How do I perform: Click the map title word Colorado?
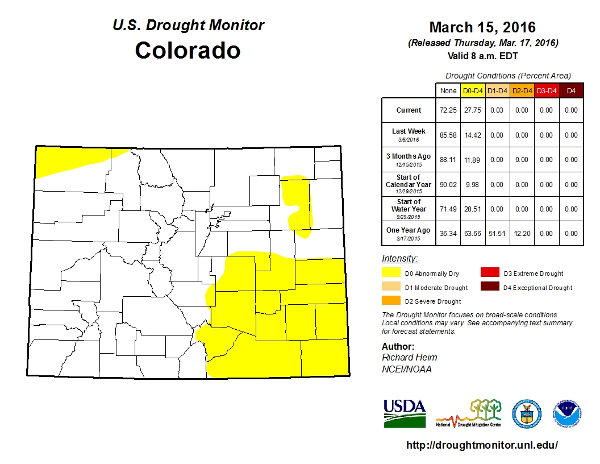(x=188, y=51)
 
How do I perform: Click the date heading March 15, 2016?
(x=482, y=27)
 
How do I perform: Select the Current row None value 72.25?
(x=447, y=110)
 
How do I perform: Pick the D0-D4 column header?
(x=473, y=90)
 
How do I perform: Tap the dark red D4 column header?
(x=571, y=90)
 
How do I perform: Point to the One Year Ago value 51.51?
(x=497, y=234)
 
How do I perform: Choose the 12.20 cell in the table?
(x=522, y=234)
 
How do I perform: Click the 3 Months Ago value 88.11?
(x=447, y=160)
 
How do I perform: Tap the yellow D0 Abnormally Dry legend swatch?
(x=390, y=273)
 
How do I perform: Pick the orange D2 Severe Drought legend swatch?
(x=390, y=301)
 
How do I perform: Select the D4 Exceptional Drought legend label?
(x=537, y=288)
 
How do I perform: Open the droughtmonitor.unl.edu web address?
(x=482, y=445)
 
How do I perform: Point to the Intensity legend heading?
(x=399, y=259)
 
